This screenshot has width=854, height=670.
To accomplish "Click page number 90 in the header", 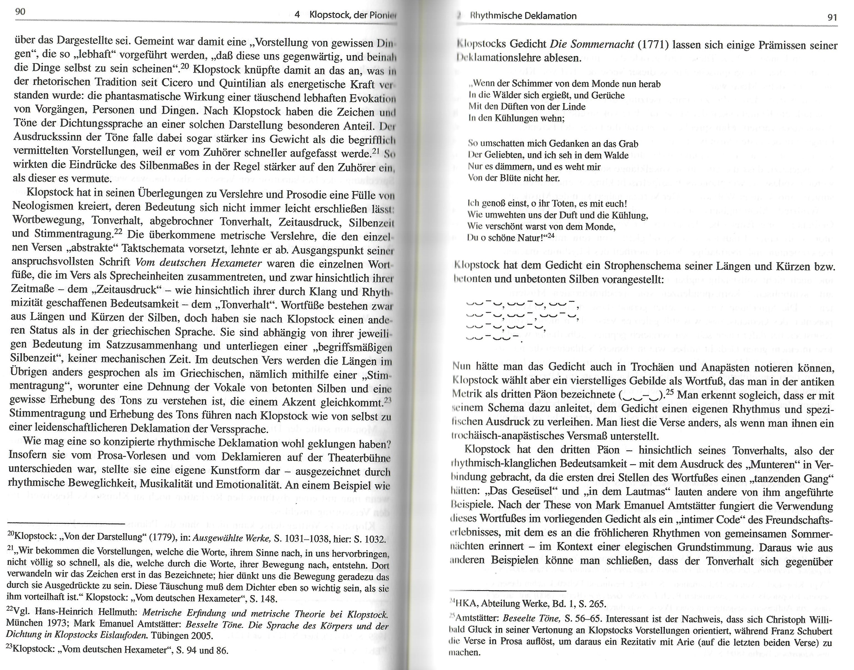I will pyautogui.click(x=20, y=12).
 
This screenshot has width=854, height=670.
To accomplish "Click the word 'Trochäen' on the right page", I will pyautogui.click(x=652, y=368).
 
